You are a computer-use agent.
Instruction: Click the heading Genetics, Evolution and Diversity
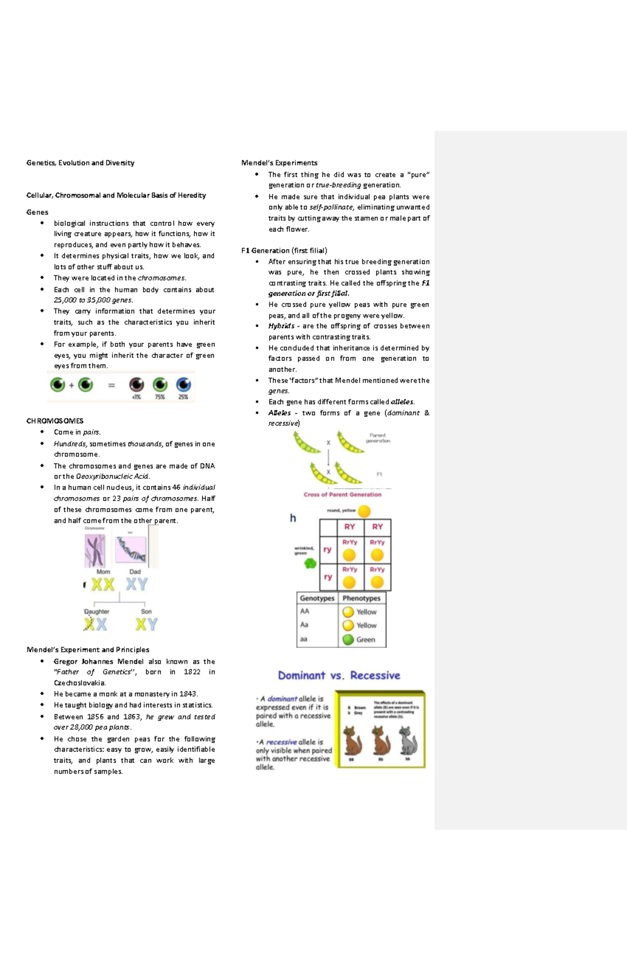(80, 163)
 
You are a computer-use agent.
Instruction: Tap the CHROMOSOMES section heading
(55, 421)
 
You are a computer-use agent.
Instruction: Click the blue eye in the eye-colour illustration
(183, 385)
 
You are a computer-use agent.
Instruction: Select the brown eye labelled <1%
(136, 385)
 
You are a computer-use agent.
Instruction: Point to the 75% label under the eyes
(160, 397)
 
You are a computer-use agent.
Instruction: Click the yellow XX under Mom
(102, 584)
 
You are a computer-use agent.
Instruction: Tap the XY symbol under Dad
(136, 584)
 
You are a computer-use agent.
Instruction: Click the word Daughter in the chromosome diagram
(97, 611)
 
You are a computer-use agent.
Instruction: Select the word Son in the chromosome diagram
(146, 611)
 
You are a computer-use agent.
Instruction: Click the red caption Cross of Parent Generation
(342, 494)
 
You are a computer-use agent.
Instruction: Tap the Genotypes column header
(317, 598)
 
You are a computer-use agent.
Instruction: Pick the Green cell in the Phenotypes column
(365, 640)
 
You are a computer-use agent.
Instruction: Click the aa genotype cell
(304, 639)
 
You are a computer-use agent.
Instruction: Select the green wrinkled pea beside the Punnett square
(310, 563)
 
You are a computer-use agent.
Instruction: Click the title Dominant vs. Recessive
(339, 675)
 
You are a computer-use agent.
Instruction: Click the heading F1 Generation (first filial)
(284, 250)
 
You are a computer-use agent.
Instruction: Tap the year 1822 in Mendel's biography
(192, 672)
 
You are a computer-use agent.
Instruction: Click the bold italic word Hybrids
(281, 326)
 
